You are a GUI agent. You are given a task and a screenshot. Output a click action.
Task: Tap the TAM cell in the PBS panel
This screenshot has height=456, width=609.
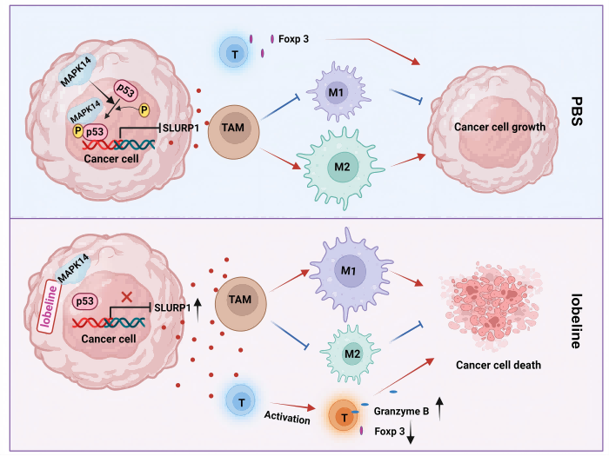pyautogui.click(x=234, y=129)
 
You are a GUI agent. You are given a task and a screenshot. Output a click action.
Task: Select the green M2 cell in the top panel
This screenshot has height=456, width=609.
pyautogui.click(x=336, y=164)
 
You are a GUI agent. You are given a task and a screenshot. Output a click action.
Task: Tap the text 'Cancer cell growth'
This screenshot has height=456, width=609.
pyautogui.click(x=499, y=128)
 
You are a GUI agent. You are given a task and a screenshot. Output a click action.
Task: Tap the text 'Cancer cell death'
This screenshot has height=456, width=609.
pyautogui.click(x=498, y=365)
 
